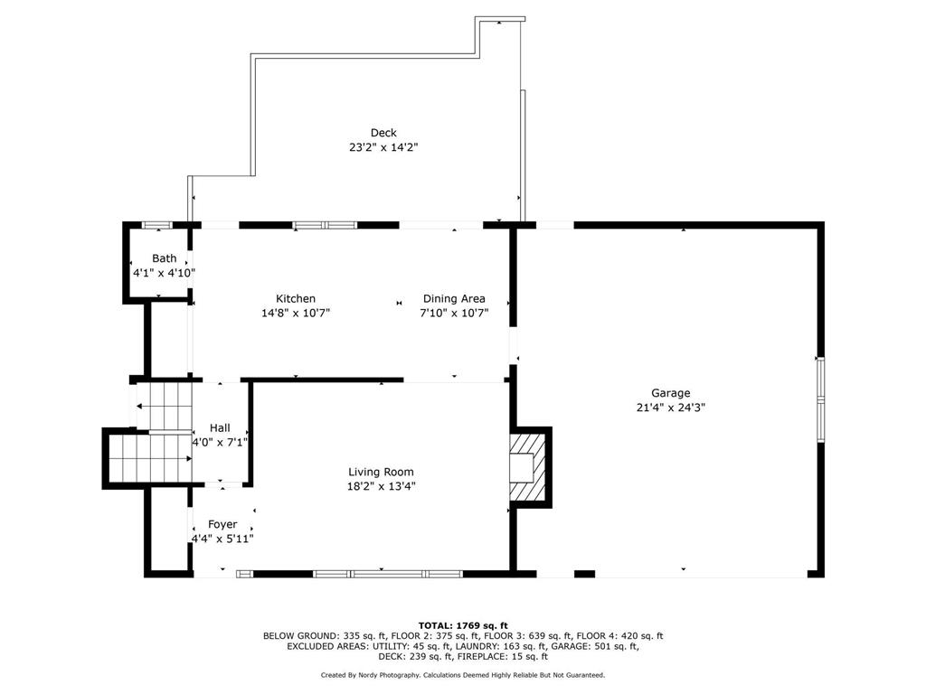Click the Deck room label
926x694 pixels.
click(383, 133)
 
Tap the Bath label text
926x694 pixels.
click(165, 258)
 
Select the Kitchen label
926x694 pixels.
click(296, 298)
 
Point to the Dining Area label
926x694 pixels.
click(454, 298)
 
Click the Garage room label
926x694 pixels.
click(670, 393)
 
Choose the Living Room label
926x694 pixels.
click(381, 472)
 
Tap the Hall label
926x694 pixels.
click(220, 427)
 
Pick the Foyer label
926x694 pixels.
click(222, 524)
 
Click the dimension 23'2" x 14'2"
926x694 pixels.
click(383, 147)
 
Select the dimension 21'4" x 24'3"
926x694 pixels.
click(670, 408)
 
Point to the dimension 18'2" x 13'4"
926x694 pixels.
click(381, 486)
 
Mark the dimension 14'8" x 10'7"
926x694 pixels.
click(296, 313)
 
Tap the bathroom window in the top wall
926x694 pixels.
click(157, 225)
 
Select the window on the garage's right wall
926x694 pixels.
click(820, 399)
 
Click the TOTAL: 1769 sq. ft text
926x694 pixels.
click(463, 625)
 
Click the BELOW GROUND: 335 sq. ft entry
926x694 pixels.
click(325, 636)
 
